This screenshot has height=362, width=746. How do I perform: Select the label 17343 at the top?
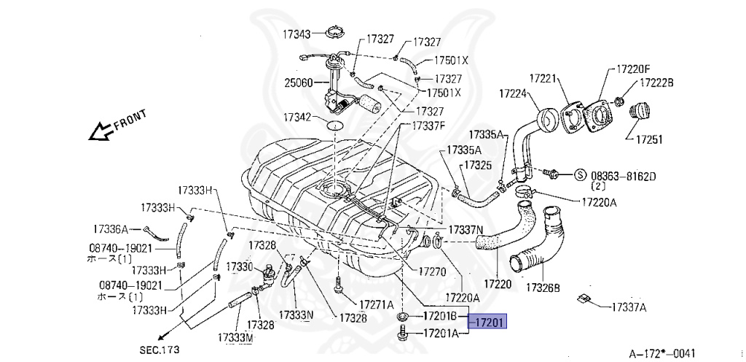pyautogui.click(x=297, y=34)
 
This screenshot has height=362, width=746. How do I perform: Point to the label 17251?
pyautogui.click(x=649, y=139)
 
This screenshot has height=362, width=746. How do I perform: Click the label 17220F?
pyautogui.click(x=632, y=69)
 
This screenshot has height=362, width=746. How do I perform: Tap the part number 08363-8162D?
pyautogui.click(x=623, y=176)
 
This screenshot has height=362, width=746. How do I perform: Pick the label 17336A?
pyautogui.click(x=111, y=228)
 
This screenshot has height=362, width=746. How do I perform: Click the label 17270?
pyautogui.click(x=431, y=271)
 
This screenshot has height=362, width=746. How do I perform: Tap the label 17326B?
pyautogui.click(x=543, y=287)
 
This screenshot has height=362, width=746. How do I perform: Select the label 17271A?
pyautogui.click(x=375, y=304)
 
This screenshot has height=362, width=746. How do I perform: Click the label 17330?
pyautogui.click(x=238, y=266)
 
